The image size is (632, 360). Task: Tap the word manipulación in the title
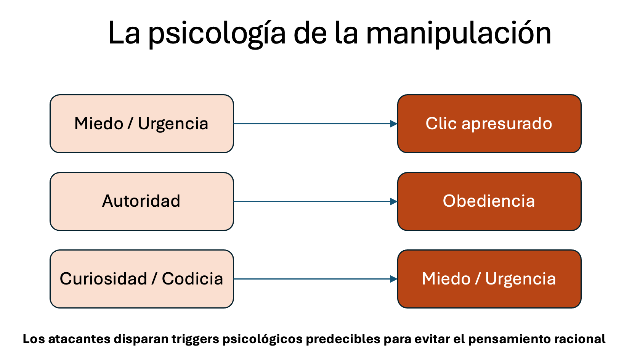tap(459, 33)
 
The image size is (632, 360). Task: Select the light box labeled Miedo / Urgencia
tap(142, 124)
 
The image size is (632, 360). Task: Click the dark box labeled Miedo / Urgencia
tap(489, 279)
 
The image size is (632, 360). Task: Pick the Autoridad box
tap(142, 202)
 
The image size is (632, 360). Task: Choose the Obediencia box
tap(489, 202)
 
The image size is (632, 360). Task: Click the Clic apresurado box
tap(489, 124)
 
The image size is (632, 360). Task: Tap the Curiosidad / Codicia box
tap(142, 279)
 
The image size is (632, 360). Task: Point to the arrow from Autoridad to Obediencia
tap(316, 202)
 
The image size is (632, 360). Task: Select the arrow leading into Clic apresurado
tap(316, 124)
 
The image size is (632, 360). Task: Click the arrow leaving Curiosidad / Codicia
tap(316, 279)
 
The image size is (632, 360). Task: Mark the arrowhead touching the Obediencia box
tap(394, 202)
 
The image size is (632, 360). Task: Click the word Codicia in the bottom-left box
tap(192, 279)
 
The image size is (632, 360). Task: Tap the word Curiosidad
tap(104, 279)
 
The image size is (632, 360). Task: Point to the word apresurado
tap(507, 124)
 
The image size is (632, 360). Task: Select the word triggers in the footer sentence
tap(195, 339)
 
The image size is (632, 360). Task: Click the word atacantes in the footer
tap(79, 339)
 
